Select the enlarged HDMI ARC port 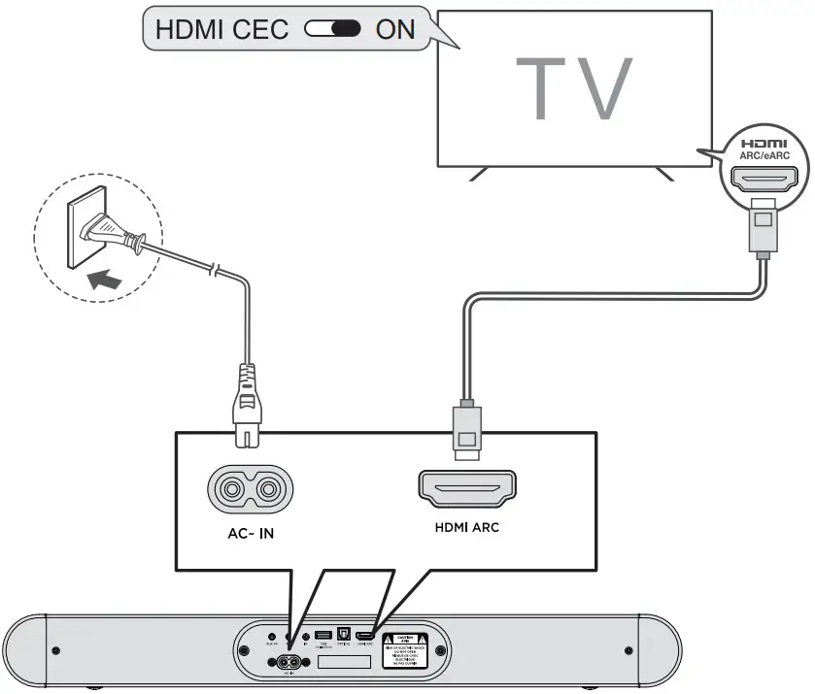pyautogui.click(x=467, y=489)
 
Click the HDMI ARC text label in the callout pyautogui.click(x=467, y=529)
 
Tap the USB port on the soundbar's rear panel pyautogui.click(x=323, y=636)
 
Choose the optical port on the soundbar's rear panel pyautogui.click(x=343, y=636)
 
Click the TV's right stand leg pyautogui.click(x=664, y=175)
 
